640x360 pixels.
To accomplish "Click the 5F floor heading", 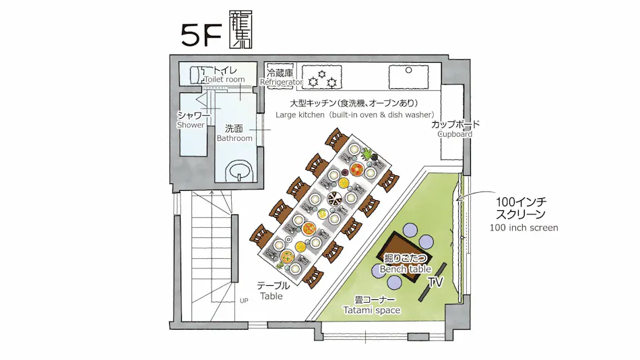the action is pyautogui.click(x=201, y=35).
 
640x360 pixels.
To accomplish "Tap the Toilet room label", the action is pyautogui.click(x=224, y=80).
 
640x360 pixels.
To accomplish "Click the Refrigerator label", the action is pyautogui.click(x=282, y=82).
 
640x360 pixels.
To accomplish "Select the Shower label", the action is pyautogui.click(x=191, y=125).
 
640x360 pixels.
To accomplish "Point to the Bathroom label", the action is pyautogui.click(x=234, y=138).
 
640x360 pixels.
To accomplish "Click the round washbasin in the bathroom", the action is pyautogui.click(x=239, y=170).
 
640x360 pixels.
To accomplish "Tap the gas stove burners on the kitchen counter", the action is pyautogui.click(x=321, y=77).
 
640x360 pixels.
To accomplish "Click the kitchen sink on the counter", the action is pyautogui.click(x=408, y=76).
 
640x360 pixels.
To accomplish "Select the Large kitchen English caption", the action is pyautogui.click(x=354, y=115).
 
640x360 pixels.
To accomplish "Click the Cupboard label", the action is pyautogui.click(x=455, y=134).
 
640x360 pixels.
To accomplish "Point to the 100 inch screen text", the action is pyautogui.click(x=523, y=228).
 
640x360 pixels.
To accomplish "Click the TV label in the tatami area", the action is pyautogui.click(x=435, y=282).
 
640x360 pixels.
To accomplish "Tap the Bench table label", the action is pyautogui.click(x=406, y=269).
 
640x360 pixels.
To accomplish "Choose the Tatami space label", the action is pyautogui.click(x=372, y=310).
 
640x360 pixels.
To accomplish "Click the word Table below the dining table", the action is pyautogui.click(x=271, y=296).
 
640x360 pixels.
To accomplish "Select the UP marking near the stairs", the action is pyautogui.click(x=244, y=301).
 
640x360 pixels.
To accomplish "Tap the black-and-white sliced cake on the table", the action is pyautogui.click(x=334, y=200).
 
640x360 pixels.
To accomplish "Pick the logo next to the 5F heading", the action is pyautogui.click(x=241, y=30).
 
